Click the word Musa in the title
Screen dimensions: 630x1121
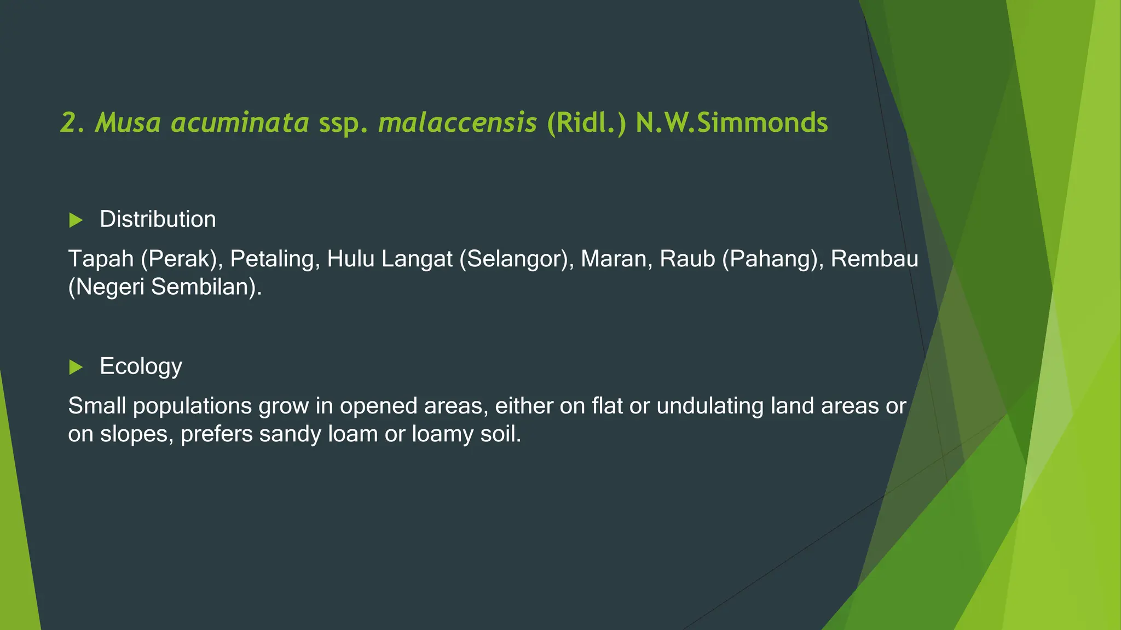[x=128, y=122]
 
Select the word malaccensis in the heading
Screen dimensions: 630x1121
[x=457, y=122]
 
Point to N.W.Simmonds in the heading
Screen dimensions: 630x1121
[x=731, y=122]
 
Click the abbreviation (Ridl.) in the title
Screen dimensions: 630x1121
[x=586, y=122]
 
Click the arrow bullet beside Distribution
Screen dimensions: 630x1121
[x=76, y=220]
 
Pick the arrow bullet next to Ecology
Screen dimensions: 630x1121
[x=76, y=367]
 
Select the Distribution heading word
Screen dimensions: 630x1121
[x=158, y=219]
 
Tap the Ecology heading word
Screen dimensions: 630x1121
[x=141, y=366]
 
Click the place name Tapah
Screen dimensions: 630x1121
[x=101, y=259]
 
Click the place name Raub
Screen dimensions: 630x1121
[x=687, y=259]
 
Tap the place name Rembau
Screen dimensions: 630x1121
[x=874, y=259]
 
